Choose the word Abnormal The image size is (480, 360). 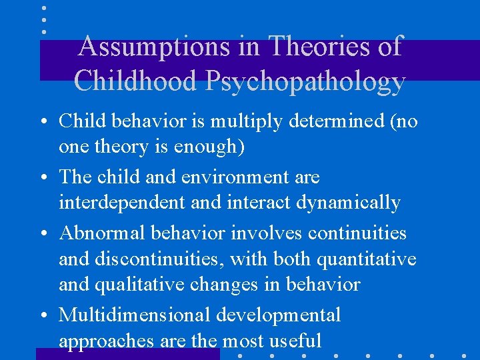100,233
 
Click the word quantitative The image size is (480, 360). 363,259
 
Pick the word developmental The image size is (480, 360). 285,315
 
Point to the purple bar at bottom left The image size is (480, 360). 127,354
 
